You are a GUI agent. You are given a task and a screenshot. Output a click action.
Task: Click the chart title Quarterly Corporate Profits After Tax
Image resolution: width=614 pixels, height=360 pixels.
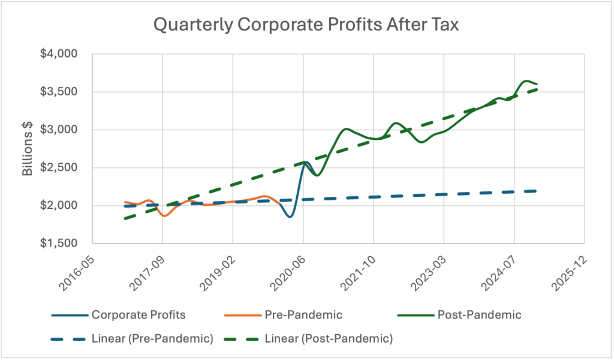[x=306, y=25]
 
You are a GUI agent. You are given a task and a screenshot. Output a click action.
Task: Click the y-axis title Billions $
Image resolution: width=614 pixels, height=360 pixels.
[x=28, y=148]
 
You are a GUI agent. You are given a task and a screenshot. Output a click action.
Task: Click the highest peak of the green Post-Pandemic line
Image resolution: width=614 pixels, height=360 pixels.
[x=526, y=80]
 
